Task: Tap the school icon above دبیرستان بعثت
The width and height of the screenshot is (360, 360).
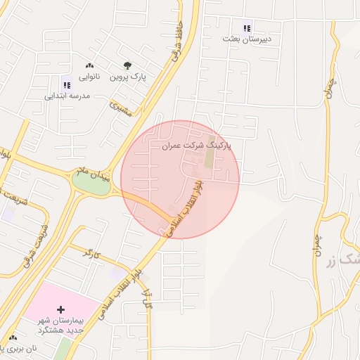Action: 247,28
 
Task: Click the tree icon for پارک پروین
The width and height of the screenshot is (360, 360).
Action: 127,66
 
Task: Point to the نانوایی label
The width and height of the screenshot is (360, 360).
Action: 89,76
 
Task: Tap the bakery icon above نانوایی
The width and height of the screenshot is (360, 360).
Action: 89,65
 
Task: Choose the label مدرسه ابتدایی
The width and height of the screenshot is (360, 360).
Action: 67,96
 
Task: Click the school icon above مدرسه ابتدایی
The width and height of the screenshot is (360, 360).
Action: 67,85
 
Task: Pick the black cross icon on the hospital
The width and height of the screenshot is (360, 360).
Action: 60,309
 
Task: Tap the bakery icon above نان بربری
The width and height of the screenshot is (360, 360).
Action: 13,338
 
